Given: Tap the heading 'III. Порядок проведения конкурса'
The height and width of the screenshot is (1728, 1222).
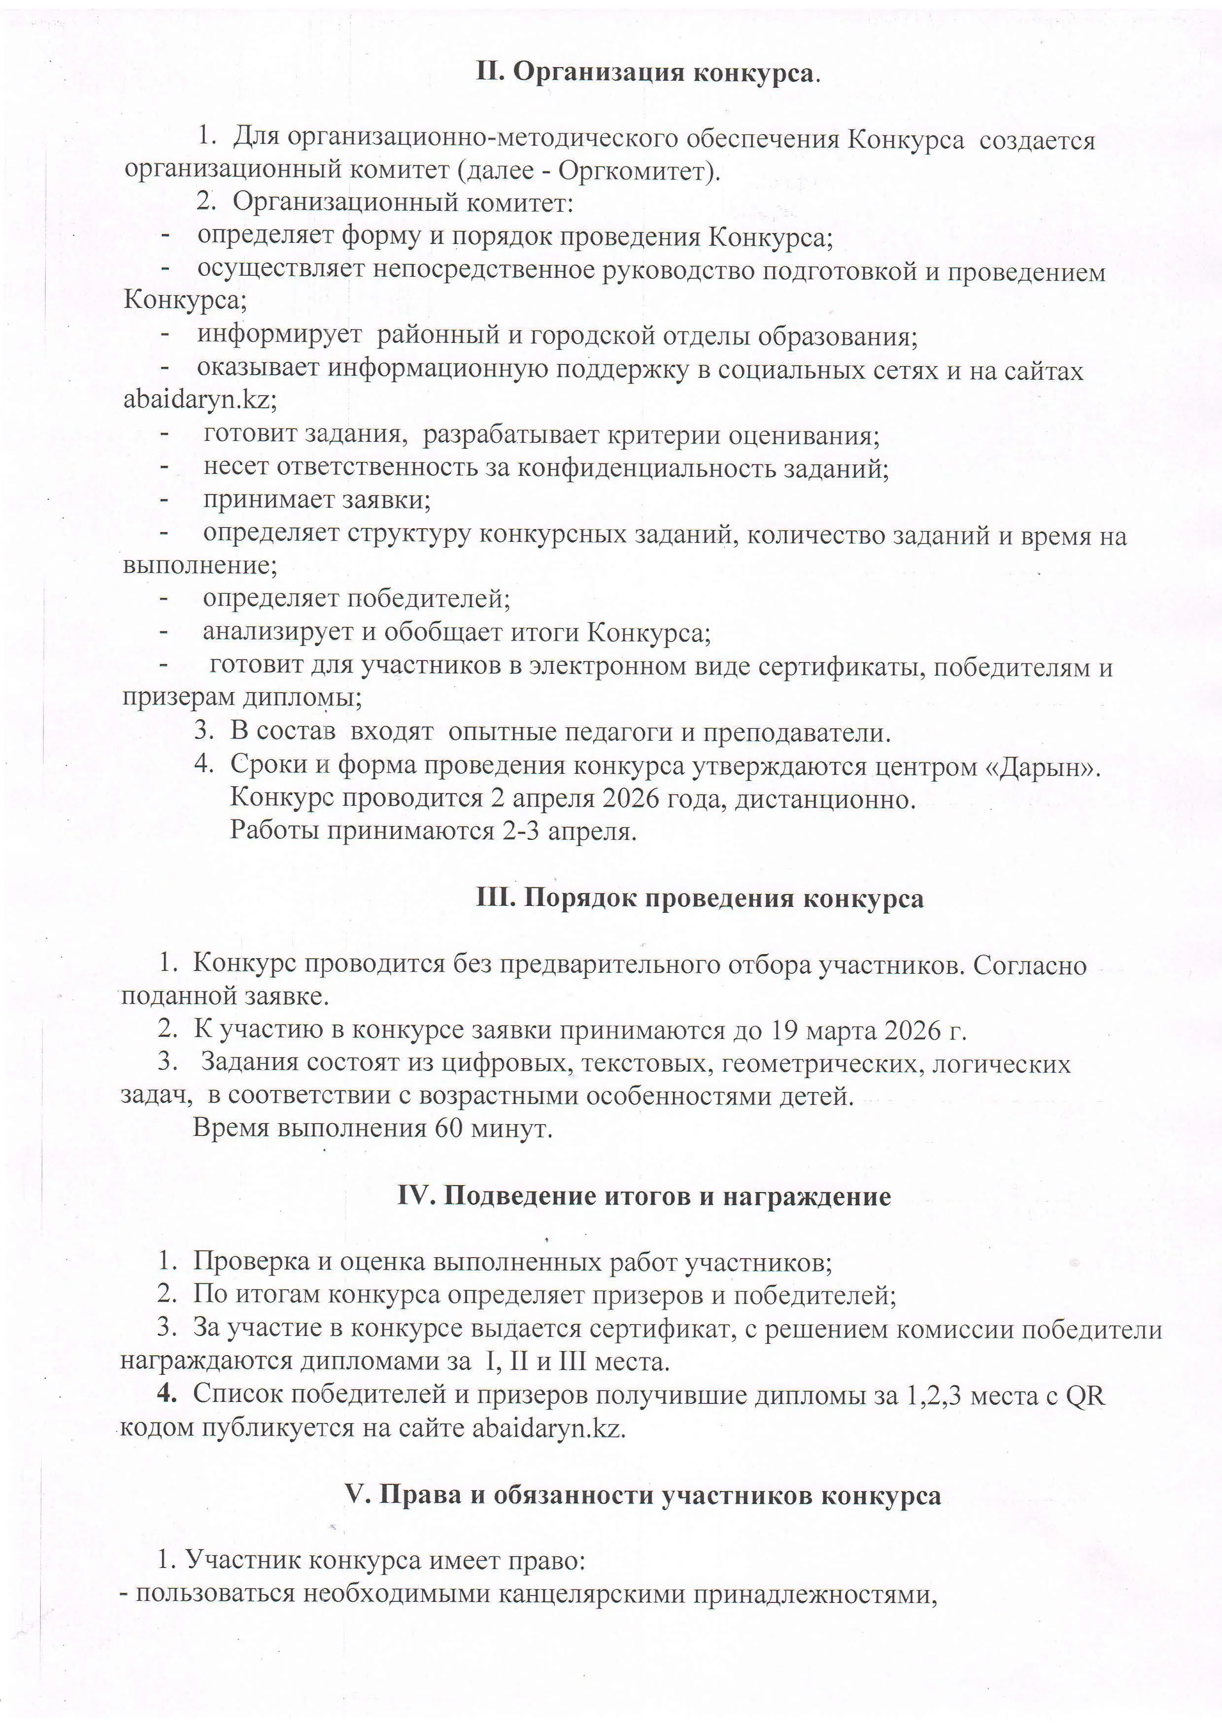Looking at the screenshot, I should [x=700, y=898].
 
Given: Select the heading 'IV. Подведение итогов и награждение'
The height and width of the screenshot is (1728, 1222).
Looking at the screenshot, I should [x=644, y=1196].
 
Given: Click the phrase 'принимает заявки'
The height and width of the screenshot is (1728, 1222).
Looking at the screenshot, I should [x=316, y=500].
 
